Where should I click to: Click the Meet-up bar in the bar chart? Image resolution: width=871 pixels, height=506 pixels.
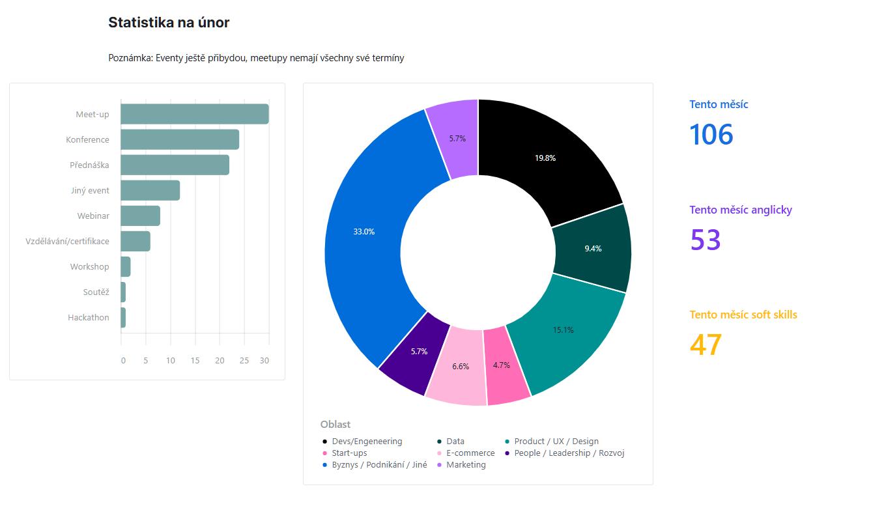pyautogui.click(x=194, y=114)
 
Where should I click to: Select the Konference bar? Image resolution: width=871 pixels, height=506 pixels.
pyautogui.click(x=179, y=139)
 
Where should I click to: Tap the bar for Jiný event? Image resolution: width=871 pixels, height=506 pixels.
pyautogui.click(x=150, y=190)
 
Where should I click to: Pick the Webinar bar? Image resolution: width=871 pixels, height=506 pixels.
pyautogui.click(x=140, y=216)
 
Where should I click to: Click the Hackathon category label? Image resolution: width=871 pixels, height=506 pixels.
pyautogui.click(x=89, y=318)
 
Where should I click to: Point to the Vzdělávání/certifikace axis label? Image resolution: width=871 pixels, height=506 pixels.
pyautogui.click(x=67, y=242)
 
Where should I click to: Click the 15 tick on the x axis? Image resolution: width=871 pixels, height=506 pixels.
pyautogui.click(x=195, y=361)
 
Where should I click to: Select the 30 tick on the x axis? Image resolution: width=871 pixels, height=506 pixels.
pyautogui.click(x=264, y=361)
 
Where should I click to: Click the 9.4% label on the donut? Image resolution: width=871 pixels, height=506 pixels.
pyautogui.click(x=593, y=249)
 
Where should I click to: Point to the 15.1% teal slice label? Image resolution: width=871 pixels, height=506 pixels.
pyautogui.click(x=563, y=330)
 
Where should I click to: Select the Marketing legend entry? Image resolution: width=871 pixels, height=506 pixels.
pyautogui.click(x=466, y=465)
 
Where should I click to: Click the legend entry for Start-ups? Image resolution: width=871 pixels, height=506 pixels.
pyautogui.click(x=349, y=453)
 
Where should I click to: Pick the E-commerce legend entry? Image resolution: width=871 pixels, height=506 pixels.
pyautogui.click(x=470, y=453)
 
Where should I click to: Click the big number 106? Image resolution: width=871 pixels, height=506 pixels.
pyautogui.click(x=711, y=134)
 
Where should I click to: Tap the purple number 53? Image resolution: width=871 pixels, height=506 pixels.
pyautogui.click(x=705, y=240)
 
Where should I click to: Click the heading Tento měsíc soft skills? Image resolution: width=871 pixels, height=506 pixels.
pyautogui.click(x=743, y=315)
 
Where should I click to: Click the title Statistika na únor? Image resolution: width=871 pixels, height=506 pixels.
pyautogui.click(x=169, y=23)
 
